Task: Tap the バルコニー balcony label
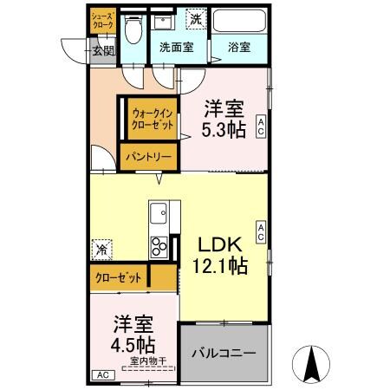click(223, 354)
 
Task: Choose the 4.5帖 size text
click(132, 344)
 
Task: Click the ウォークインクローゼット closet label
click(153, 118)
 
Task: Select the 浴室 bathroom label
click(239, 47)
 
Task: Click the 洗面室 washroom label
click(175, 47)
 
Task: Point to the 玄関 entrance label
click(103, 50)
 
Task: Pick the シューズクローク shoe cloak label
click(102, 22)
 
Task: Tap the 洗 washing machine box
click(196, 18)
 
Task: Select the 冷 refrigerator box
click(102, 247)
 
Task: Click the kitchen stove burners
click(160, 248)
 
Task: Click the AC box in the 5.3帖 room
click(261, 127)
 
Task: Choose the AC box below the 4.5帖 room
click(102, 374)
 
